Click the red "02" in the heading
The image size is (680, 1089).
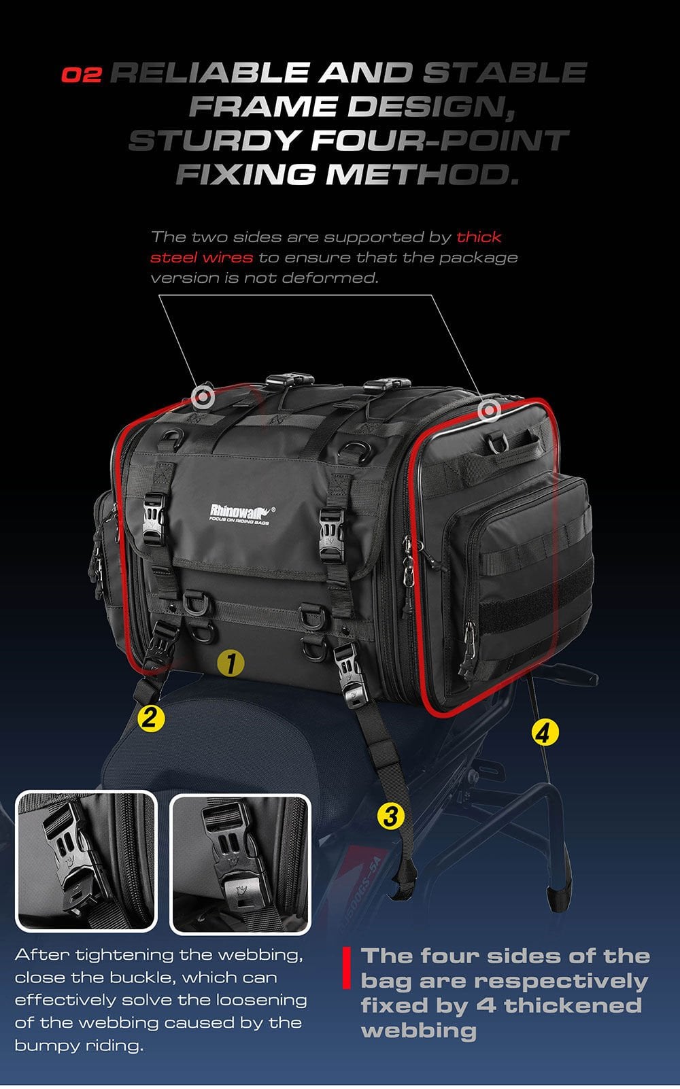(82, 74)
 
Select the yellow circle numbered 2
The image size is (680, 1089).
(150, 717)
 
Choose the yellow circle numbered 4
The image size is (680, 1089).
(544, 732)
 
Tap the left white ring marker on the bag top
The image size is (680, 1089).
(203, 397)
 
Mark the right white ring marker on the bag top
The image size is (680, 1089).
(489, 411)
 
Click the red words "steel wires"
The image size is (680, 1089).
(201, 257)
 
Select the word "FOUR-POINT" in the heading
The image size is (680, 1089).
(440, 140)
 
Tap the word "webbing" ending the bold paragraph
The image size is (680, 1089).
(418, 1031)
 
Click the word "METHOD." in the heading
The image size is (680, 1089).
(422, 174)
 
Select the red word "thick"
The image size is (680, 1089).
(479, 237)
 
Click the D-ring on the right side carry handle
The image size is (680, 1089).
(496, 443)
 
